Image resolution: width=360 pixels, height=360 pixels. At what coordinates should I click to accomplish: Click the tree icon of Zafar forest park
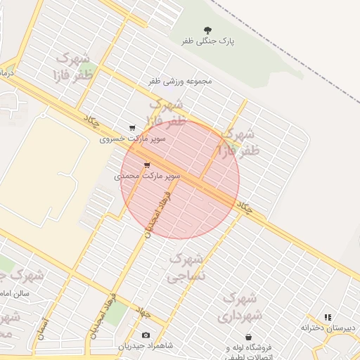(x=207, y=30)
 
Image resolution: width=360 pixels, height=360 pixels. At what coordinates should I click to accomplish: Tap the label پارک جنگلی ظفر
(x=207, y=41)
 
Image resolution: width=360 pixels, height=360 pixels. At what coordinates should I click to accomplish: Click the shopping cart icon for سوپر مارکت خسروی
(x=132, y=128)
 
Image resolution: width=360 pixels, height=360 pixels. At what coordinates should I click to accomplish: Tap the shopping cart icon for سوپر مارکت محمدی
(x=146, y=165)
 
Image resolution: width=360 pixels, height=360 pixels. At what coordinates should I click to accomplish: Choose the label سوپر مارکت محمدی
(x=148, y=176)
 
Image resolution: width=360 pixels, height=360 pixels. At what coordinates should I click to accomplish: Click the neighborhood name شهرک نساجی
(x=186, y=267)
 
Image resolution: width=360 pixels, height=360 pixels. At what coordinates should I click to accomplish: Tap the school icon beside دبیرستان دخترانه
(x=328, y=317)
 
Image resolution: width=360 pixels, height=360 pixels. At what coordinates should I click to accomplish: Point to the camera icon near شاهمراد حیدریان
(x=146, y=335)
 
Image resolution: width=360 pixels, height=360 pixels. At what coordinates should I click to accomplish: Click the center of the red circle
(x=180, y=179)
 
